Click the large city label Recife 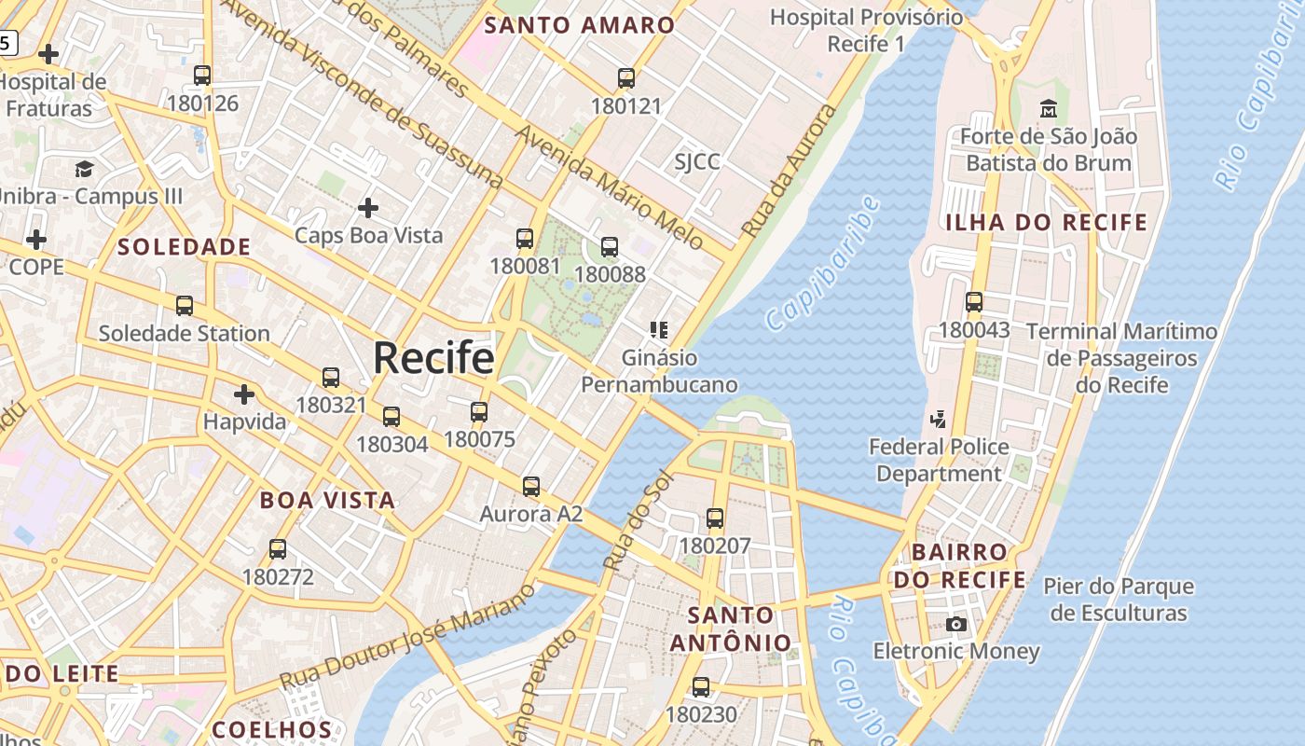(433, 359)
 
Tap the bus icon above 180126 (202, 76)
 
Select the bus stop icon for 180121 (626, 78)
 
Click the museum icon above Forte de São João (1049, 109)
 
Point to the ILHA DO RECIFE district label (1046, 223)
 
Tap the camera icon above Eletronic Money (956, 624)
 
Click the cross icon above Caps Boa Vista (368, 207)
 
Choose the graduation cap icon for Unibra (85, 169)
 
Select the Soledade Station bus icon (185, 306)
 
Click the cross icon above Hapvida (244, 394)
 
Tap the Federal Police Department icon (939, 420)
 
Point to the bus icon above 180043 (974, 302)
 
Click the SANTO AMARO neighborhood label (579, 25)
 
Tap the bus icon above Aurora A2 (531, 486)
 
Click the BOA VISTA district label (327, 500)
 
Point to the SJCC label (697, 162)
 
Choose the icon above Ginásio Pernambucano (659, 330)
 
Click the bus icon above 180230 (701, 687)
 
